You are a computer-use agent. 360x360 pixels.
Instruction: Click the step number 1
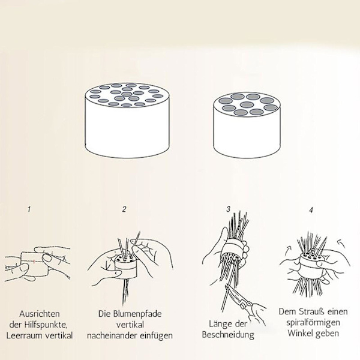29,209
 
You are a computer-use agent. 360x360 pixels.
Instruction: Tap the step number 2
124,209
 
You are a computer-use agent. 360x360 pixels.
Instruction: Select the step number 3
228,209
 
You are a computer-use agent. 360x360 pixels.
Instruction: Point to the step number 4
311,210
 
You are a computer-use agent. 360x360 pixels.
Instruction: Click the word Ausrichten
40,314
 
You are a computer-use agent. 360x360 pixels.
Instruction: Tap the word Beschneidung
228,335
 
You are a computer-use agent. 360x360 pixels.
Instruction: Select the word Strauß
312,311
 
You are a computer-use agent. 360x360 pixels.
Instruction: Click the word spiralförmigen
313,323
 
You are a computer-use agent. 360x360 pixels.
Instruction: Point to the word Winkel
301,333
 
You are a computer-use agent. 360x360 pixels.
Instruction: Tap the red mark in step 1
34,262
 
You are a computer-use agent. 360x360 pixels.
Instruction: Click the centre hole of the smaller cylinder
247,104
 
